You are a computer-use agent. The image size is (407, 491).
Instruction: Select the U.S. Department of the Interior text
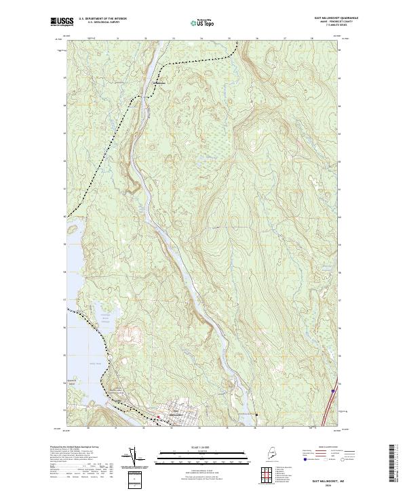103,18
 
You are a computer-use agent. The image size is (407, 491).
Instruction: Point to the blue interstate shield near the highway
333,391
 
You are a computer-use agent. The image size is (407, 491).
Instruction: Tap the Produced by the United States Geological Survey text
75,448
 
